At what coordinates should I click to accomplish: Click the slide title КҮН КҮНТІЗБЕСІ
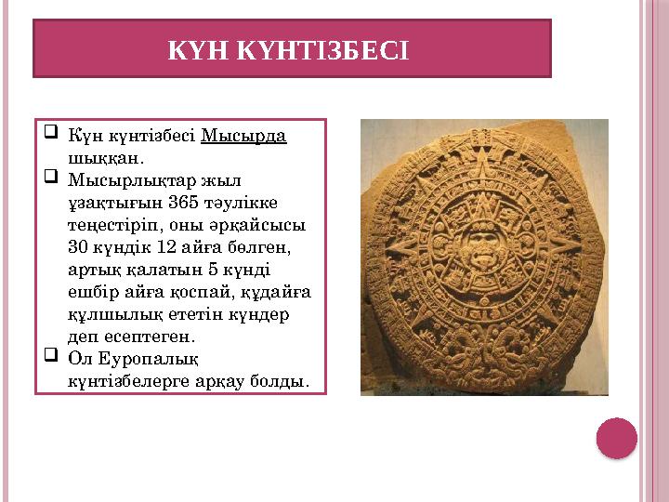click(287, 48)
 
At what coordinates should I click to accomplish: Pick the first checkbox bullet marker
click(52, 133)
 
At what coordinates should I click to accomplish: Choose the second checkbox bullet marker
click(52, 178)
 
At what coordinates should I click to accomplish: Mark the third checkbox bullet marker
click(52, 357)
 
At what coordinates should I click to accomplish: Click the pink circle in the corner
click(616, 438)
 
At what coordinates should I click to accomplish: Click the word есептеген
click(147, 337)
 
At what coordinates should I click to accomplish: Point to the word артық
click(91, 270)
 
